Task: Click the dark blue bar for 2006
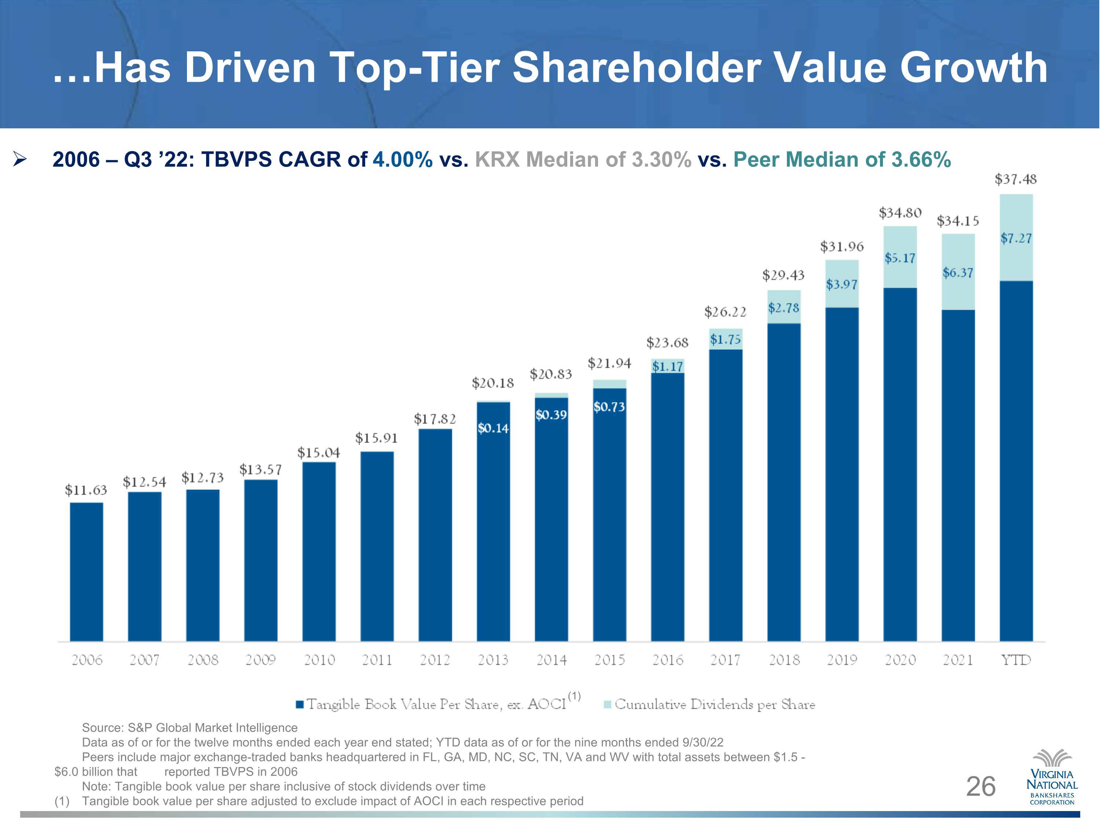(87, 572)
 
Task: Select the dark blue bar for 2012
(435, 535)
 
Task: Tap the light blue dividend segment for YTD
(1016, 238)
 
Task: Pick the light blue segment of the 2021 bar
(958, 272)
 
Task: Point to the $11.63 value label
(86, 490)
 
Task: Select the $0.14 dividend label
(493, 428)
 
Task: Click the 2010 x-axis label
(319, 660)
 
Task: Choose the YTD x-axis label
(1016, 660)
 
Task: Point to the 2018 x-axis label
(784, 660)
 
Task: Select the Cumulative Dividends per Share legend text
(715, 704)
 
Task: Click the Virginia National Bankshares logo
(1052, 777)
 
